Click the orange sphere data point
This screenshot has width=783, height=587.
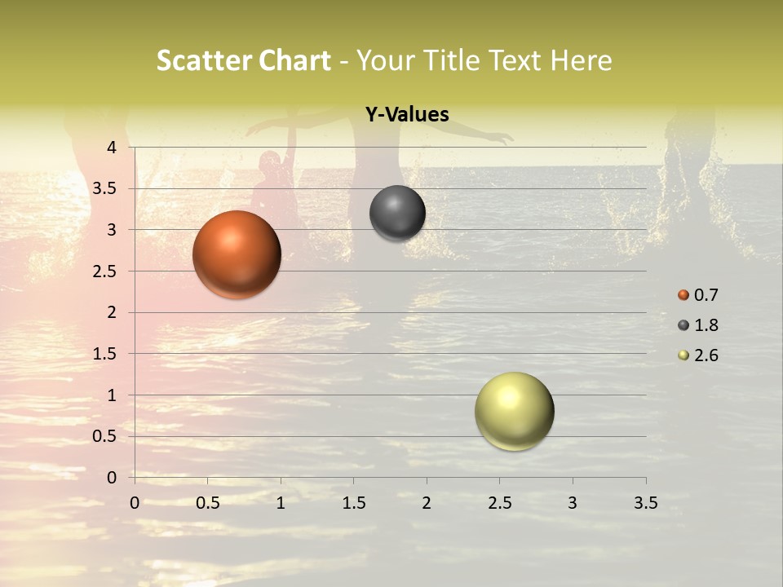tap(237, 254)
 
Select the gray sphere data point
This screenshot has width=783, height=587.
tap(397, 214)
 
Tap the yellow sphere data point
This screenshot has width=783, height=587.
tap(514, 411)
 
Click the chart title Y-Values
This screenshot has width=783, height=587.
tap(406, 115)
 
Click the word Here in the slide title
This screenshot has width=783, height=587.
tap(581, 60)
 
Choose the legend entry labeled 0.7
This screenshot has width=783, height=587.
tap(697, 295)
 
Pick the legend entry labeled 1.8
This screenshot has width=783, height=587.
tap(697, 325)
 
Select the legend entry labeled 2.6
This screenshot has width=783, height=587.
tap(697, 355)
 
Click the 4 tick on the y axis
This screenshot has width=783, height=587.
tap(112, 148)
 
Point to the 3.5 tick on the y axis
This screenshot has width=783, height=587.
tap(106, 189)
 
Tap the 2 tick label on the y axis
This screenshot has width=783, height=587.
tap(112, 312)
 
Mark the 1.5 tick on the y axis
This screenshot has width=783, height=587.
tap(106, 354)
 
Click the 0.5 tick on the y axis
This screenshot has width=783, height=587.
tap(106, 437)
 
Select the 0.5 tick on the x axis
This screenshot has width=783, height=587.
tap(208, 503)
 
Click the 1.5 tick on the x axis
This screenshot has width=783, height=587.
tap(354, 503)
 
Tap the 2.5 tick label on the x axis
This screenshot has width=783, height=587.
tap(499, 503)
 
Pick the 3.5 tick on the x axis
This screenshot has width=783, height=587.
tap(645, 503)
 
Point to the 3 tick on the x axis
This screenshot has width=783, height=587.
tap(573, 503)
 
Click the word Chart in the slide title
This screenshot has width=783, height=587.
tap(294, 60)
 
